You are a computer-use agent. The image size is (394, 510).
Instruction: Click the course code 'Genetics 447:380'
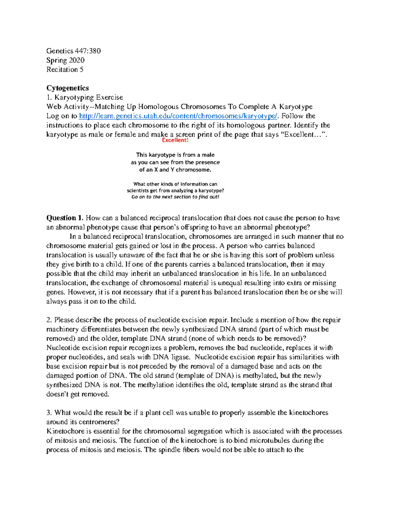click(x=74, y=51)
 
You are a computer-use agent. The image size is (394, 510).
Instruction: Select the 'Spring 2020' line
click(x=65, y=60)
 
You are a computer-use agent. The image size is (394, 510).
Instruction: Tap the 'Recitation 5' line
click(x=65, y=69)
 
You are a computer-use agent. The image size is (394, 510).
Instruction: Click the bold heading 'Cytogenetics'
click(x=68, y=88)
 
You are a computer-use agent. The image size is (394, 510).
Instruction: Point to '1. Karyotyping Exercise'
click(x=85, y=97)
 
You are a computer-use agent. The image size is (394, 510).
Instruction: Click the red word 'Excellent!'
click(x=175, y=140)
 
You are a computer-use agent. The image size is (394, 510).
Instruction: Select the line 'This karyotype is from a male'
click(x=175, y=155)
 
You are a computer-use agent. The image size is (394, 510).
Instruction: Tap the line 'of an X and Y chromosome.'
click(x=175, y=170)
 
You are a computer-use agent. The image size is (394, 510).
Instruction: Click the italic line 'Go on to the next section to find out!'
click(x=175, y=197)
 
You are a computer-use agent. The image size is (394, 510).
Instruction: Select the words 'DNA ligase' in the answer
click(x=172, y=357)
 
